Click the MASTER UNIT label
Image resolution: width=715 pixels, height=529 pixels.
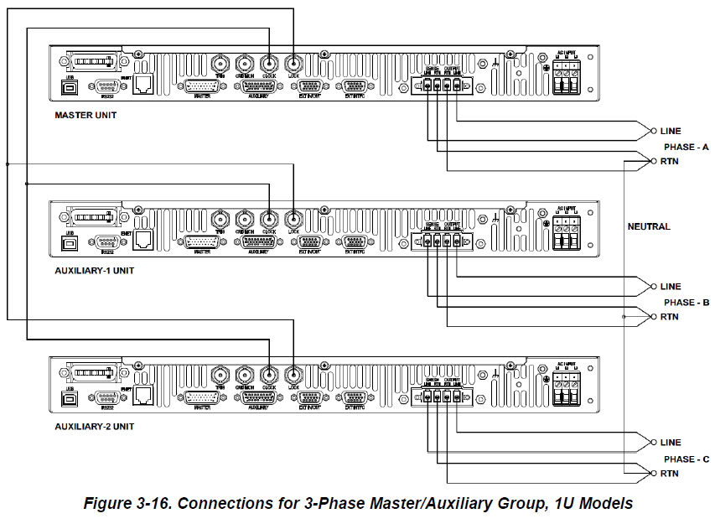click(x=85, y=115)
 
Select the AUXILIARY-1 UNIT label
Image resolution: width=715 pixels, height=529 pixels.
click(x=95, y=271)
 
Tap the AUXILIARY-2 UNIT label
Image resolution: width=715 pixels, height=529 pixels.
click(x=95, y=427)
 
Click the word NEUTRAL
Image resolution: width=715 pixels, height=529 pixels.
click(x=649, y=226)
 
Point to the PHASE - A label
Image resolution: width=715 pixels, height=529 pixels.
click(x=686, y=147)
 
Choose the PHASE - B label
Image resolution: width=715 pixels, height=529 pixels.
click(x=686, y=303)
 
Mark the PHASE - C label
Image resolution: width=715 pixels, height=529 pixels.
click(x=686, y=459)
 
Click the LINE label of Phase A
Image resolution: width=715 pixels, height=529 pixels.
click(x=671, y=131)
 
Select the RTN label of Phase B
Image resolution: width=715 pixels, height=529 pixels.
click(x=669, y=318)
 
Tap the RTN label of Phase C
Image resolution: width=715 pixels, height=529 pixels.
click(x=669, y=474)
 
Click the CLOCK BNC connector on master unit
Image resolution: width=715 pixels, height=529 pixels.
click(x=269, y=63)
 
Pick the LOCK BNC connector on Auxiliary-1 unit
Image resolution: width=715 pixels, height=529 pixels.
click(x=294, y=219)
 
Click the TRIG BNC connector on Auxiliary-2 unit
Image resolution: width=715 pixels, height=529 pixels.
click(x=220, y=375)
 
